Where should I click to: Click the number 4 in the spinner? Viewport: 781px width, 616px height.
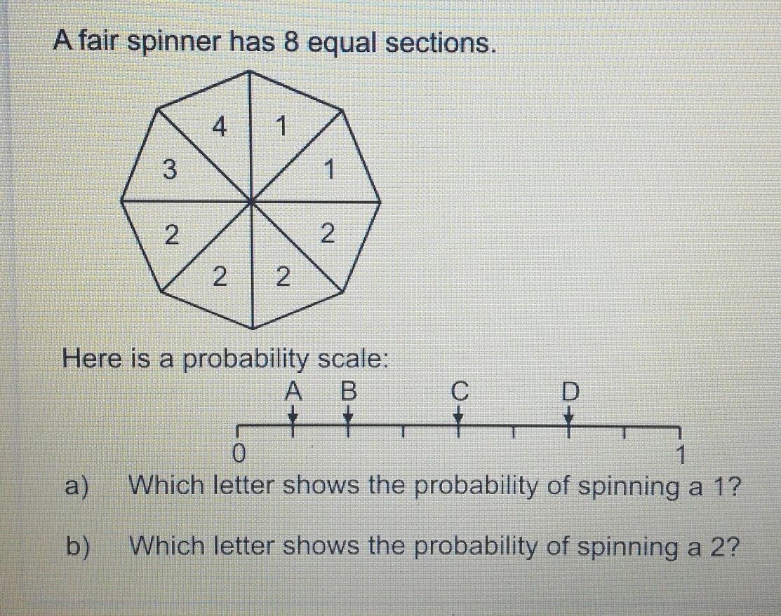coord(220,128)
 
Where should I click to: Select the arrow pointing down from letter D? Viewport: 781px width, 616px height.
coord(570,418)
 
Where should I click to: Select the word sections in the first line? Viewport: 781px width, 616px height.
coord(438,43)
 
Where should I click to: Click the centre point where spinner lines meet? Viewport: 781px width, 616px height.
coord(252,201)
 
